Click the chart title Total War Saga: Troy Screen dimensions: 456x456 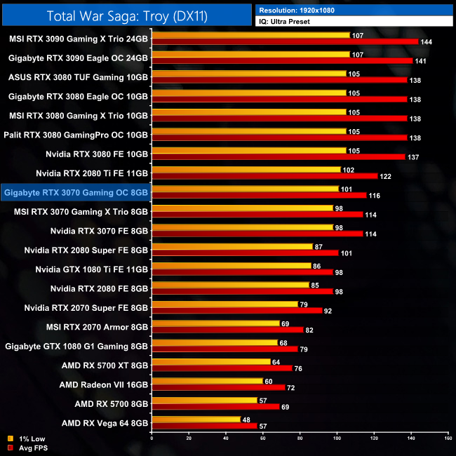click(x=126, y=15)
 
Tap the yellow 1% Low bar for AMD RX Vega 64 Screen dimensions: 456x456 click(x=196, y=419)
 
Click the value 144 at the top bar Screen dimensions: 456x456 click(x=426, y=42)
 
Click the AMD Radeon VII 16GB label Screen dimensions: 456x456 click(x=104, y=384)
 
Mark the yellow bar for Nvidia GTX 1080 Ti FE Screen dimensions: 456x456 click(x=231, y=266)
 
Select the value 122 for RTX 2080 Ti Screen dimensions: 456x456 click(x=384, y=176)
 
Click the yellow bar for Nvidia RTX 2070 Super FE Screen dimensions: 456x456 click(x=224, y=304)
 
